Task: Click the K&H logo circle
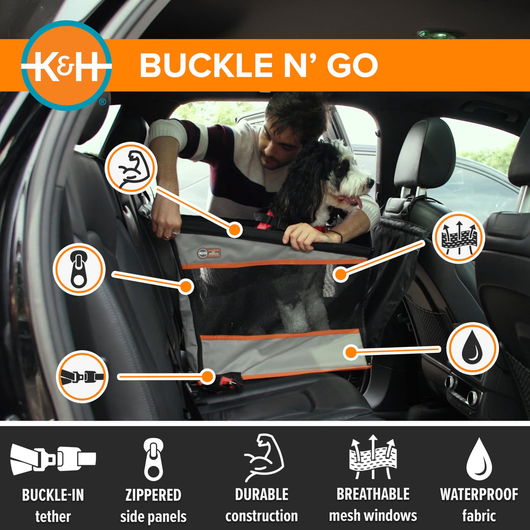tap(66, 65)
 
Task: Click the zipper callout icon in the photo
tap(79, 269)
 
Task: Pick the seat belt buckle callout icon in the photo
tap(82, 376)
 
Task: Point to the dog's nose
tap(371, 182)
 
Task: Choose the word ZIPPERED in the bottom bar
tap(153, 495)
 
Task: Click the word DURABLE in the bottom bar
tap(262, 495)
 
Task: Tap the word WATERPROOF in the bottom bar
tap(478, 495)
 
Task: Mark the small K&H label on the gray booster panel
tap(210, 253)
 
